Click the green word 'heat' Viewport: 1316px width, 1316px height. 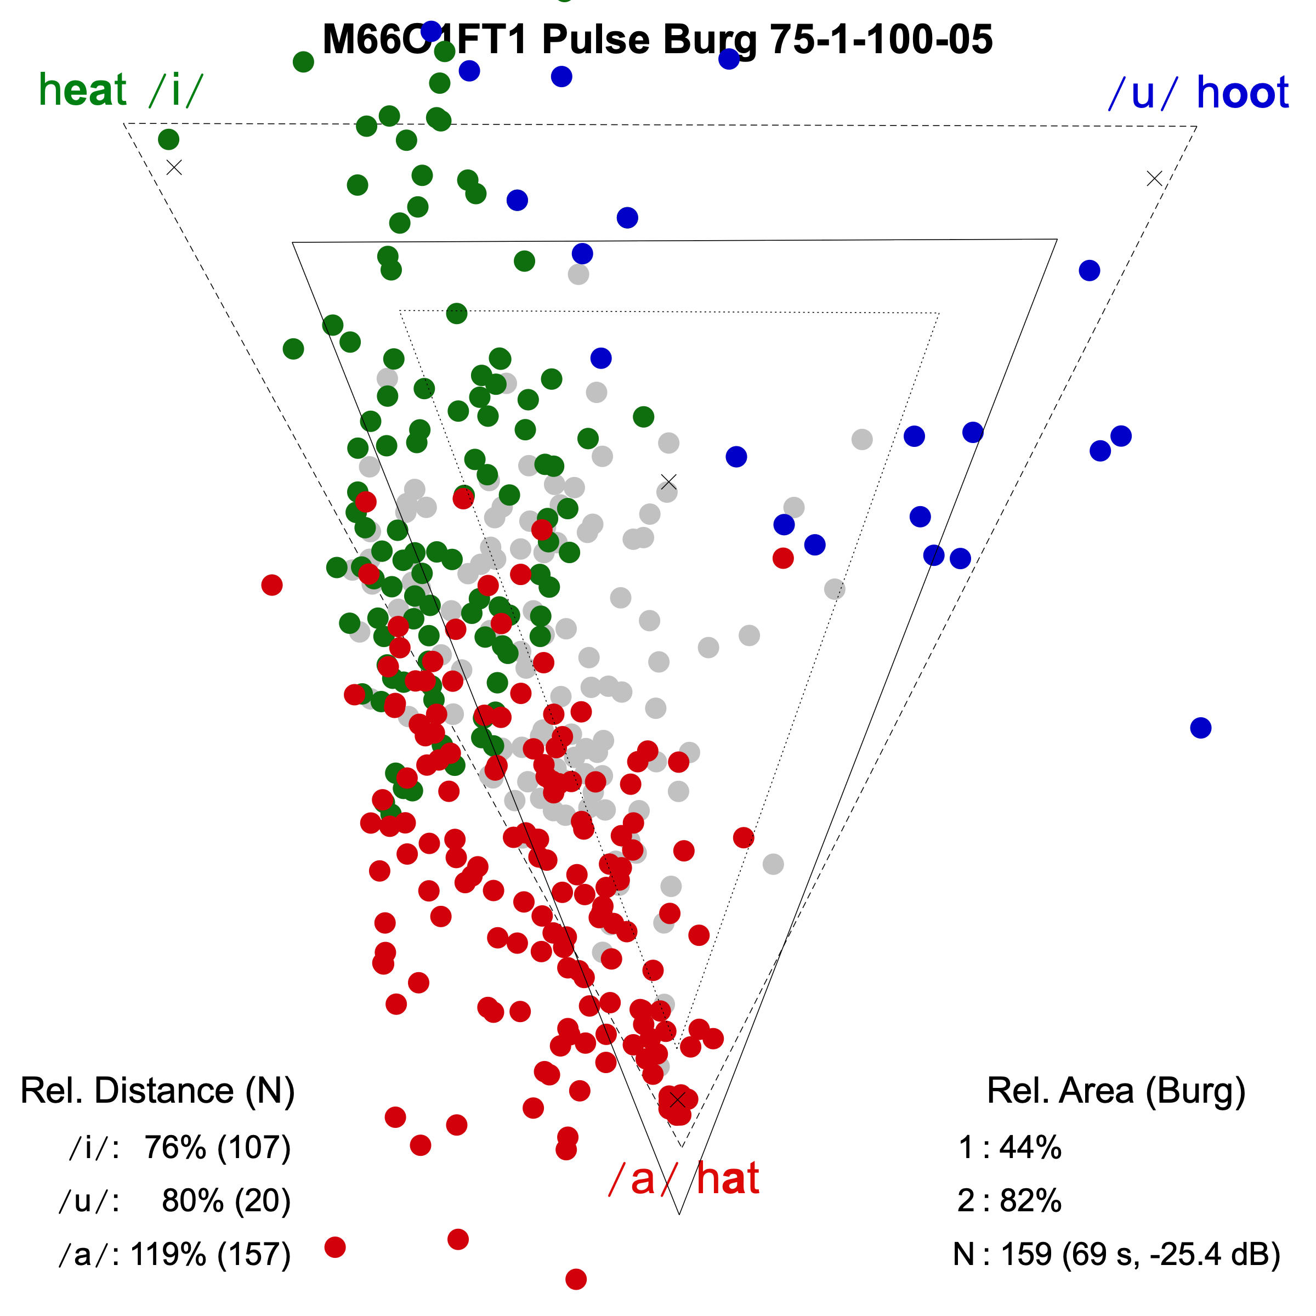82,90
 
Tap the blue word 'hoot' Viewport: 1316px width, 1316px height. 1242,93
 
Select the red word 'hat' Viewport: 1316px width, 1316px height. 728,1179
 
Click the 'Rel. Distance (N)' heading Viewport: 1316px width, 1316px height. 157,1091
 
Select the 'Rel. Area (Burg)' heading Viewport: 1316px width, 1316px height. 1116,1091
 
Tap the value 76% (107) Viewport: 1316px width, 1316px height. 217,1148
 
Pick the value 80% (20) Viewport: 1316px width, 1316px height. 226,1201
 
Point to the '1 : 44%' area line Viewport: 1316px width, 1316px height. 1009,1148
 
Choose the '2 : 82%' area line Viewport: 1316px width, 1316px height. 1009,1201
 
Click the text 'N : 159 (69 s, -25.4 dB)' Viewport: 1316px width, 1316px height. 1116,1254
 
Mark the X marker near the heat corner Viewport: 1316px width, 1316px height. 174,167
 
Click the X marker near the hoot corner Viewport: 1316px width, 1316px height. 1154,178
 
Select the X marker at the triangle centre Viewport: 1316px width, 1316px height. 668,481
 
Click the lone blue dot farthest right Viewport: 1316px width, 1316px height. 1200,728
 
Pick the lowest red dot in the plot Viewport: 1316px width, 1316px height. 576,1279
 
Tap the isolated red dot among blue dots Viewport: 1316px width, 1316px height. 782,558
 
